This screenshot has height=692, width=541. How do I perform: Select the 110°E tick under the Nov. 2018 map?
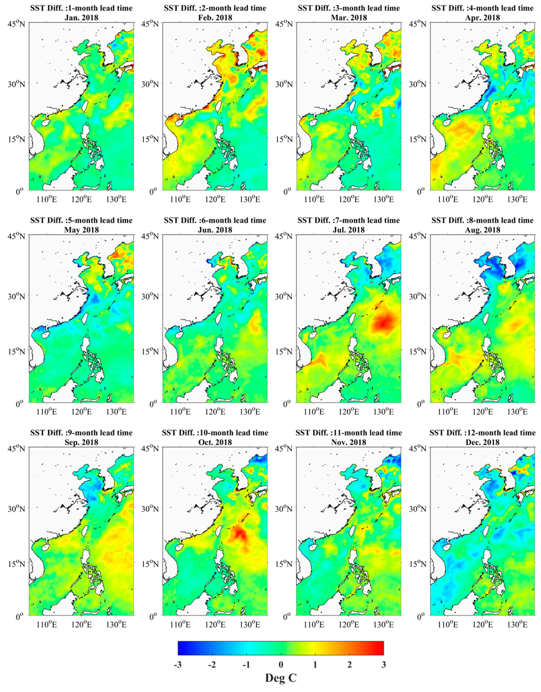(x=314, y=624)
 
